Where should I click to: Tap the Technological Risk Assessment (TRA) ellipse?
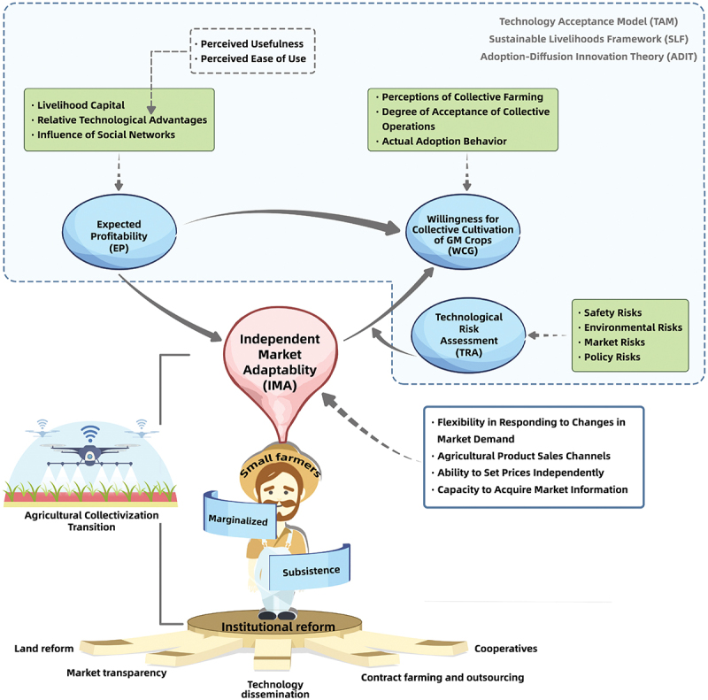pos(468,334)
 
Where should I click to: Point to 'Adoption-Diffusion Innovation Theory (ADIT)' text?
pos(587,56)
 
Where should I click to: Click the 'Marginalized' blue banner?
pos(237,520)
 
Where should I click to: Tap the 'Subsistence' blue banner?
pos(312,571)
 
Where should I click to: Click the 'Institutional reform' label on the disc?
pos(278,627)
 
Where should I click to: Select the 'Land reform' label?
pos(44,649)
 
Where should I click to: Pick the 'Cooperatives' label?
pos(505,649)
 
